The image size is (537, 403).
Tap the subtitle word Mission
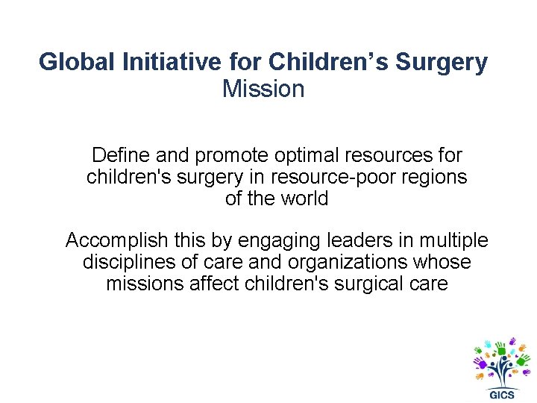pos(263,89)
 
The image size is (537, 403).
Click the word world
pos(304,199)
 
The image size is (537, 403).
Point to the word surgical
pos(373,284)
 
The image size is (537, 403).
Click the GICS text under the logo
pos(501,393)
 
